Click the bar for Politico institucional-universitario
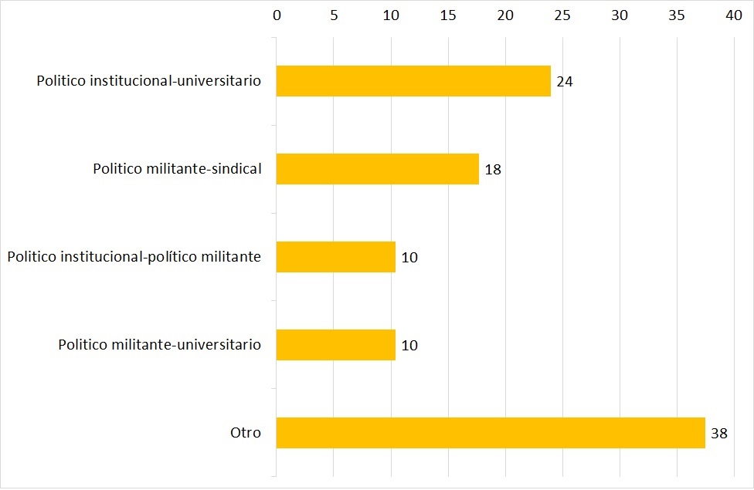pyautogui.click(x=413, y=81)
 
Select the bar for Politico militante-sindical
pyautogui.click(x=378, y=169)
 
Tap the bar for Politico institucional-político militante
pyautogui.click(x=336, y=257)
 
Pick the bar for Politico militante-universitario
pyautogui.click(x=336, y=345)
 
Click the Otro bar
pyautogui.click(x=491, y=433)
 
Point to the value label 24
pyautogui.click(x=564, y=81)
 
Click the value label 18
pyautogui.click(x=493, y=170)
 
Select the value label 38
pyautogui.click(x=718, y=434)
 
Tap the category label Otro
pyautogui.click(x=246, y=433)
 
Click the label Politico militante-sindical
pyautogui.click(x=177, y=169)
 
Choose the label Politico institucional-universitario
pyautogui.click(x=149, y=81)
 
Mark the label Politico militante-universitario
pyautogui.click(x=160, y=345)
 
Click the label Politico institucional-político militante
pyautogui.click(x=134, y=257)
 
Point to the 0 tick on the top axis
pyautogui.click(x=277, y=15)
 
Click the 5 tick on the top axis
pyautogui.click(x=334, y=15)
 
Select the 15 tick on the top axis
pyautogui.click(x=448, y=15)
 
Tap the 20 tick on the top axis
pyautogui.click(x=505, y=15)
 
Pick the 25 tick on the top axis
pyautogui.click(x=562, y=15)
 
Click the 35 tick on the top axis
pyautogui.click(x=677, y=15)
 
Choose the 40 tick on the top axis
pyautogui.click(x=734, y=15)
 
